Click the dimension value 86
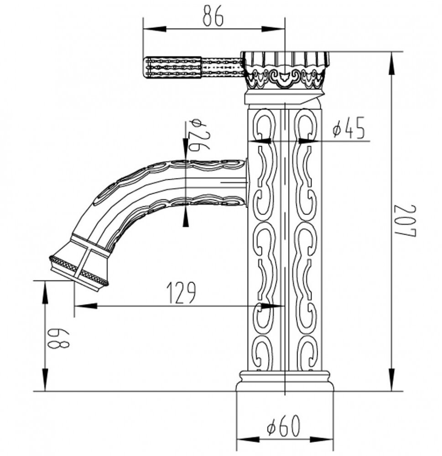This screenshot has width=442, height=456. pyautogui.click(x=213, y=16)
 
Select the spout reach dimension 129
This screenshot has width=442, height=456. pyautogui.click(x=182, y=292)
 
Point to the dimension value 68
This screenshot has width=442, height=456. pyautogui.click(x=59, y=339)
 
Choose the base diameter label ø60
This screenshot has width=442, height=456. pyautogui.click(x=284, y=426)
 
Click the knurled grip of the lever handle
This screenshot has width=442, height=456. pyautogui.click(x=173, y=68)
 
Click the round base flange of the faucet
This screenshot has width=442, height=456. pyautogui.click(x=285, y=381)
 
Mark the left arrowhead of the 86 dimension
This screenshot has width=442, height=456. pyautogui.click(x=155, y=29)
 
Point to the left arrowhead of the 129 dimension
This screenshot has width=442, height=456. pyautogui.click(x=86, y=306)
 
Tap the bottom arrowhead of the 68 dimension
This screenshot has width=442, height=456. pyautogui.click(x=45, y=379)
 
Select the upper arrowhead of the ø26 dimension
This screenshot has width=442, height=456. pyautogui.click(x=186, y=149)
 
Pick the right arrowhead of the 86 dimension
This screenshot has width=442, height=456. pyautogui.click(x=272, y=29)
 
